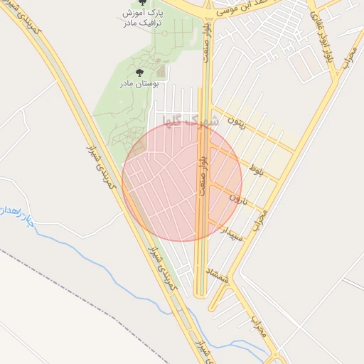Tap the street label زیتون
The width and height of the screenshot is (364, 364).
[236, 121]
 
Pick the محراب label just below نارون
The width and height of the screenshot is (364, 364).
[260, 218]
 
